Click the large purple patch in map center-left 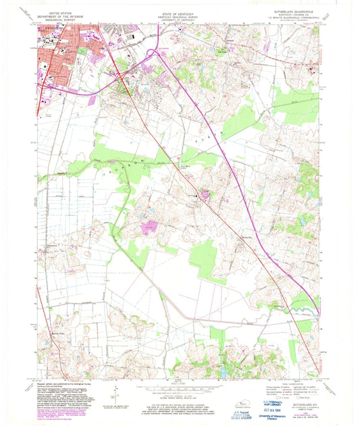pyautogui.click(x=150, y=228)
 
